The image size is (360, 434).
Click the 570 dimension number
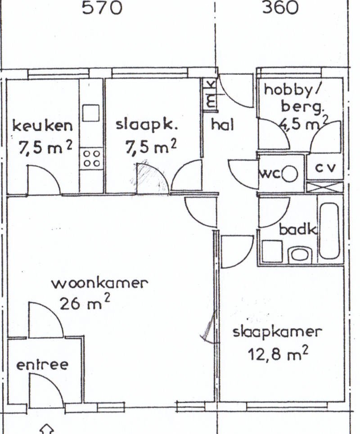(102, 8)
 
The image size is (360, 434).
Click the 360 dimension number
(280, 8)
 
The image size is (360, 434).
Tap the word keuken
(43, 126)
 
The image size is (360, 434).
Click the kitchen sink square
(91, 112)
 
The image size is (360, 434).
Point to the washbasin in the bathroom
(300, 255)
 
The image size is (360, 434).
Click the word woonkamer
(100, 283)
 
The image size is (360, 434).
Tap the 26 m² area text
(85, 302)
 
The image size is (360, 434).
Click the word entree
(42, 365)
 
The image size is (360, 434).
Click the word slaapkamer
(278, 333)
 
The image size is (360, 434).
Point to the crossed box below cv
(325, 187)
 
